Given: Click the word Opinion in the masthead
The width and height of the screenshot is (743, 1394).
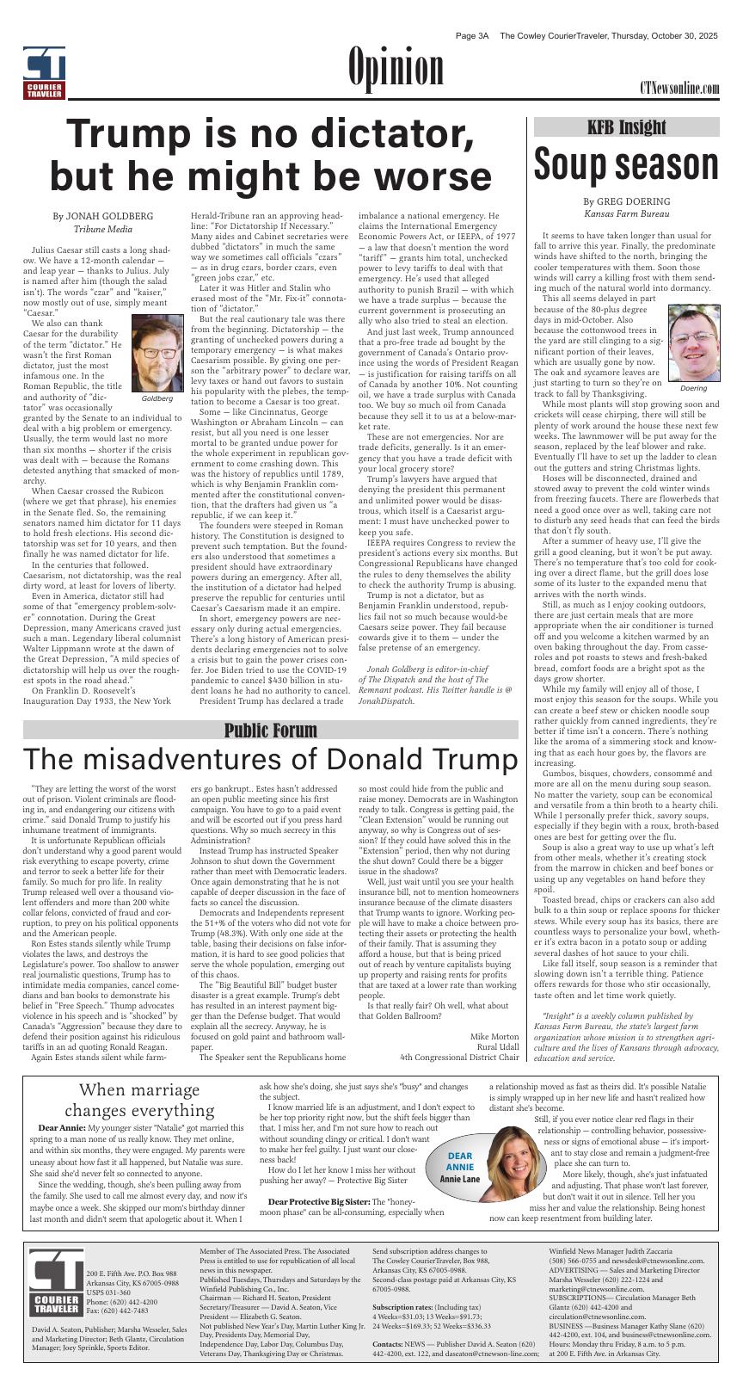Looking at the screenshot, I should pyautogui.click(x=396, y=69).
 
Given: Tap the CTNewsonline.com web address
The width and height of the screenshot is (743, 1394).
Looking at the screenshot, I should pyautogui.click(x=679, y=89).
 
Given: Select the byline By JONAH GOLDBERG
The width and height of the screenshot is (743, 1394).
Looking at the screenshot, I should pyautogui.click(x=103, y=215).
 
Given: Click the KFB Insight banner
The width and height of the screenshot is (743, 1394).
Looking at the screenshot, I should pyautogui.click(x=626, y=127).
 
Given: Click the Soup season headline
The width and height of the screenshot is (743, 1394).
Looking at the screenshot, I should pyautogui.click(x=626, y=163).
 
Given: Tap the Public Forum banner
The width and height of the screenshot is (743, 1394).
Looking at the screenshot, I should pyautogui.click(x=270, y=731).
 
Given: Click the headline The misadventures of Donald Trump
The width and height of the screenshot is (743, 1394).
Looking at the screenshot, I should pyautogui.click(x=270, y=761).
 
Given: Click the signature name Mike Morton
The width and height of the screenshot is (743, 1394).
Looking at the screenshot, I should pyautogui.click(x=494, y=1036).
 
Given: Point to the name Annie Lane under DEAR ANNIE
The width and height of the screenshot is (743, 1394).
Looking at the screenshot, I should pyautogui.click(x=460, y=1178).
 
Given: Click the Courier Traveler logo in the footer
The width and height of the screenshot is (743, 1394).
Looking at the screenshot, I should pyautogui.click(x=54, y=1281).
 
